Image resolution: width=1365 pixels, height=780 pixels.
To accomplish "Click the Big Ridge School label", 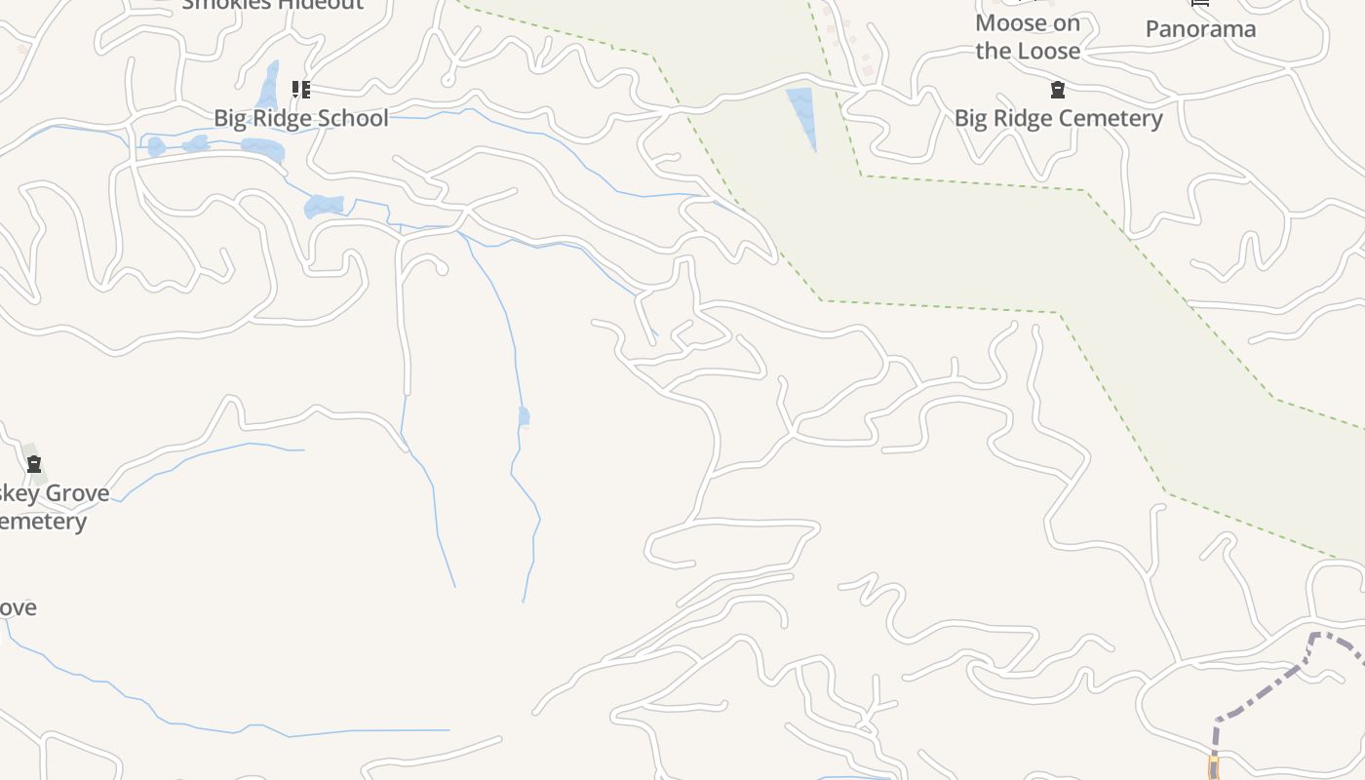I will pos(300,118).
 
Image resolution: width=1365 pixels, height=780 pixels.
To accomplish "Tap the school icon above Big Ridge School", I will pos(301,91).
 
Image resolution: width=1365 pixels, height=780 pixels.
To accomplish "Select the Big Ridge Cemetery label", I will pos(1058,118).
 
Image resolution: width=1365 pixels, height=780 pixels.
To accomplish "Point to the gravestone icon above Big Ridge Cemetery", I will pos(1058,91).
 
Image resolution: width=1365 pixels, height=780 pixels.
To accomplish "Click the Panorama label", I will pos(1200,29).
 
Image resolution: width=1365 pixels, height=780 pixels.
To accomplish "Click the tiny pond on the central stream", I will pos(524,416).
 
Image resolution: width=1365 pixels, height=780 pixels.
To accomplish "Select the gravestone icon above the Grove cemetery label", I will pos(34,464).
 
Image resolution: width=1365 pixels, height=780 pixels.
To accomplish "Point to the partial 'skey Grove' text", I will pos(54,493).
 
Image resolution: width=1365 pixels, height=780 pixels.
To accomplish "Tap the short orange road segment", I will pos(1213,767).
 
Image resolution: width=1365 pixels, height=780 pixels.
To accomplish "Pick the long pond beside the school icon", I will pos(268,86).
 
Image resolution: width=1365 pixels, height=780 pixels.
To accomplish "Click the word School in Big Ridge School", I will pos(355,118).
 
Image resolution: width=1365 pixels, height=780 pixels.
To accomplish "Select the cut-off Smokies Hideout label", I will pos(272,5).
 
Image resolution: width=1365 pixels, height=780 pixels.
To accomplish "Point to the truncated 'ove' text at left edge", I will pos(18,608).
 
